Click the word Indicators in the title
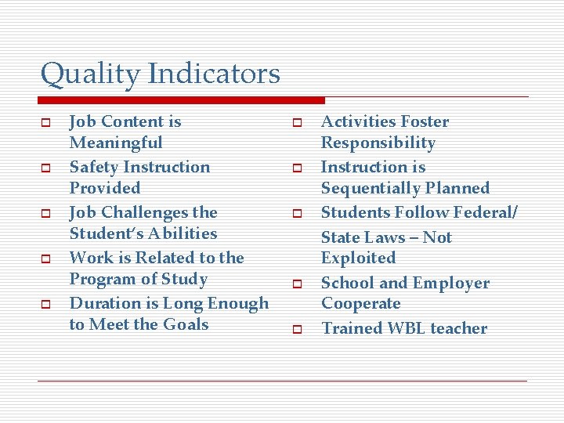click(213, 74)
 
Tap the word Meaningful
click(116, 143)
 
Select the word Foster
click(424, 121)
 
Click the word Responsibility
click(378, 143)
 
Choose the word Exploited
click(358, 258)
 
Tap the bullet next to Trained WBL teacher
click(298, 331)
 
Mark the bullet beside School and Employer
click(298, 285)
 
